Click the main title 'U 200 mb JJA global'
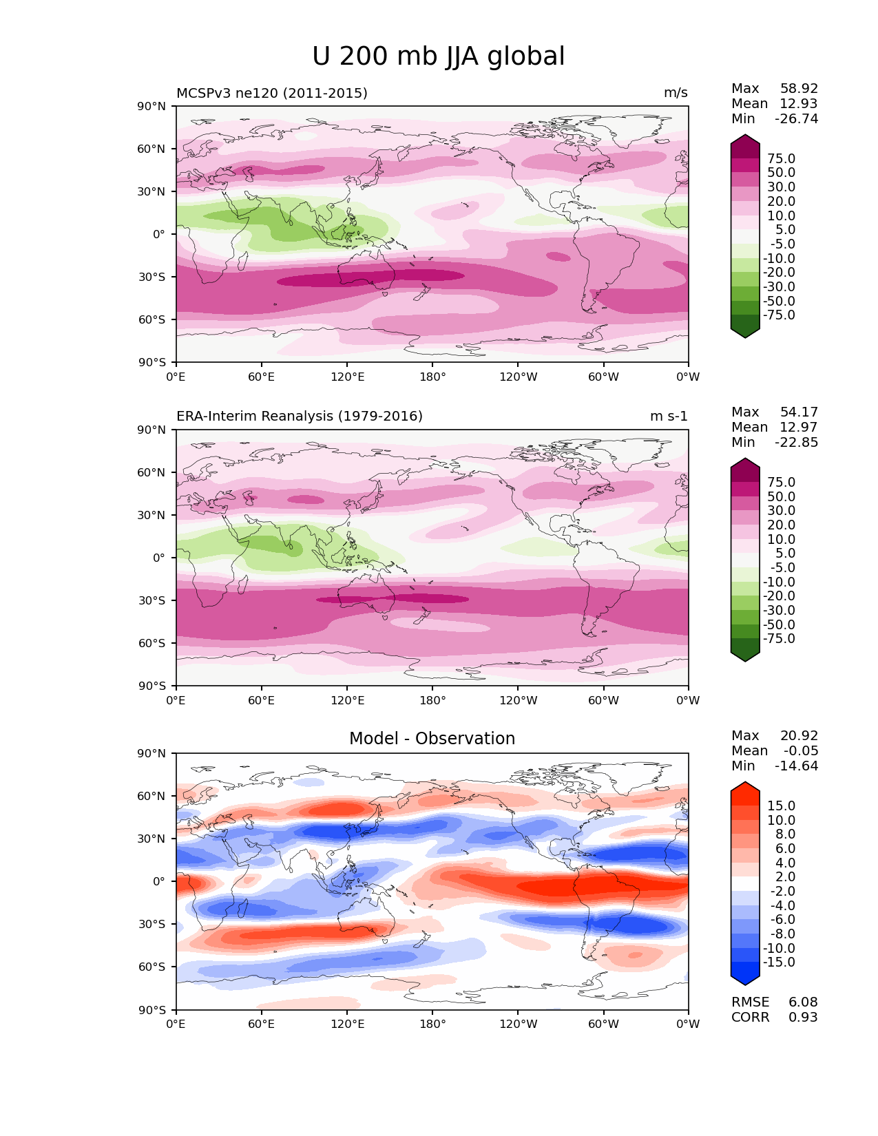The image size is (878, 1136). pos(438,56)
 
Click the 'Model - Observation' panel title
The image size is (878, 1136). pos(432,739)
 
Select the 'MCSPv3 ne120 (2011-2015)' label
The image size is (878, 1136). pos(272,94)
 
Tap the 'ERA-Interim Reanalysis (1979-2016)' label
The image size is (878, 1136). pos(300,417)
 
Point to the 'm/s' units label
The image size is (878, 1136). pos(676,94)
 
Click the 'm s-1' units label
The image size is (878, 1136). pos(669,417)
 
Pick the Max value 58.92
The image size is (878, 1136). pos(799,89)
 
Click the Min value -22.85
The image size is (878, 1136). pos(796,443)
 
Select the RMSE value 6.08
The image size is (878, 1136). pos(803,1002)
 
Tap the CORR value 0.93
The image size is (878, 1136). pos(803,1018)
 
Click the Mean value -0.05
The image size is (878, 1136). pos(801,751)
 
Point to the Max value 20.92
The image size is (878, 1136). pos(799,736)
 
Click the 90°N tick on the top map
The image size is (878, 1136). pos(152,107)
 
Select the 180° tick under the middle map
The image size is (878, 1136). pos(432,701)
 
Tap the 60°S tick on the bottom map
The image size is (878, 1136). pos(152,967)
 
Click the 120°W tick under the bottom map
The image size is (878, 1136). pos(519,1024)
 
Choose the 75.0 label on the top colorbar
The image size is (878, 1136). pos(781,159)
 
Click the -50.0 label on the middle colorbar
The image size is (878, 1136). pos(779,625)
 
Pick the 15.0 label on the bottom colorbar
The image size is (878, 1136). pos(781,806)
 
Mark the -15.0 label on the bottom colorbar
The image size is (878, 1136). pos(779,963)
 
